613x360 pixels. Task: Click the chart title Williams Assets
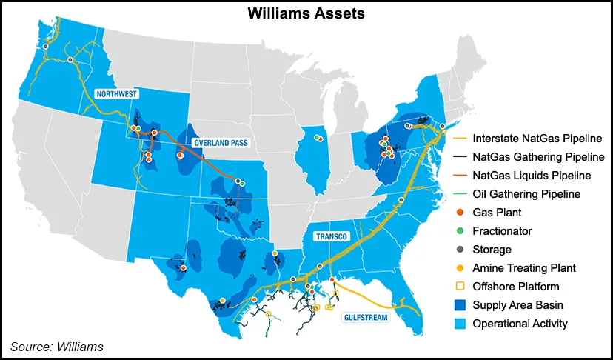coord(306,13)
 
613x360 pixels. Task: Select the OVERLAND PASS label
coord(220,141)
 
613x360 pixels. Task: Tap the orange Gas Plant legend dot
coord(460,213)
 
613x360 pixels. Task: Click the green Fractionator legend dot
coord(460,231)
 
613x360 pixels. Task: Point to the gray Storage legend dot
coord(460,250)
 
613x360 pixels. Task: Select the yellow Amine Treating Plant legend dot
coord(460,268)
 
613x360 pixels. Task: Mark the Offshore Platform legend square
coord(460,286)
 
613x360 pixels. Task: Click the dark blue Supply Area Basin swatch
coord(460,304)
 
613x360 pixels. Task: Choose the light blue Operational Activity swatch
coord(460,323)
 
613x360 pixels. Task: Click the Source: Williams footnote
coord(56,347)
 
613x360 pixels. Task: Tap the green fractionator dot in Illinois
coord(320,139)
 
